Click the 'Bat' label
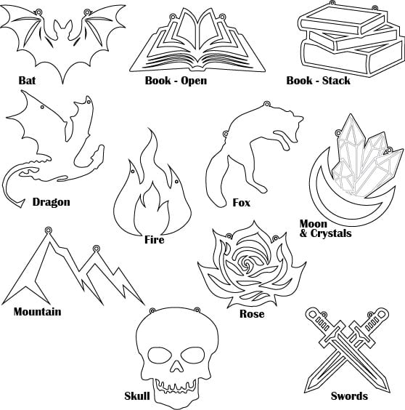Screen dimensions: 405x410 27,80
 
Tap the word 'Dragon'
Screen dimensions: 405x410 52,202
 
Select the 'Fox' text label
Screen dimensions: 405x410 241,203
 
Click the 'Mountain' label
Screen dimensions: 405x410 37,312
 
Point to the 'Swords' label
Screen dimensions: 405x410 349,396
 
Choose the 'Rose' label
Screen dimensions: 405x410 252,314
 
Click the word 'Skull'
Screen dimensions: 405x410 137,396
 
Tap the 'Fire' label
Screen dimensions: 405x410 155,240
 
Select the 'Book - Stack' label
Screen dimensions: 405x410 319,80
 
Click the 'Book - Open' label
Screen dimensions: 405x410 176,80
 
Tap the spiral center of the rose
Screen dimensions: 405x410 246,262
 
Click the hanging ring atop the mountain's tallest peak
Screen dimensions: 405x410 48,230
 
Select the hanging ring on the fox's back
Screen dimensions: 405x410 266,104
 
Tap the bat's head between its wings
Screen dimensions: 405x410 62,29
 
